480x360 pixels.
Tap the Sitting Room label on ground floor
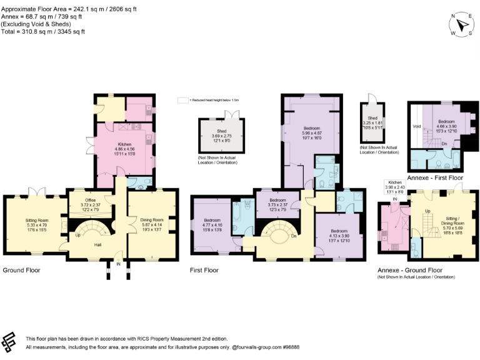coord(35,219)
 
